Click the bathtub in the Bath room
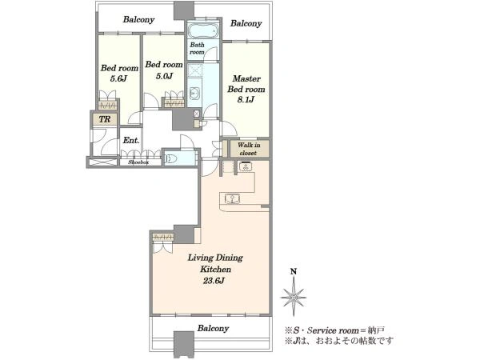tap(202, 30)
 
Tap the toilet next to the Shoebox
tap(171, 158)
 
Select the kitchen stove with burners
tap(246, 166)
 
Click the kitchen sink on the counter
tap(232, 198)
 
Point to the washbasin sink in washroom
tap(194, 93)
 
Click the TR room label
tap(105, 118)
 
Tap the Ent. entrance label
tap(131, 140)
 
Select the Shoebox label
tap(138, 162)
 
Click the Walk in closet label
tap(249, 149)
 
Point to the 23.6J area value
tap(214, 281)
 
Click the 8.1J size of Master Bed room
tap(246, 99)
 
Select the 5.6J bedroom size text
tap(118, 78)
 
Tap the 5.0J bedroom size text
tap(164, 76)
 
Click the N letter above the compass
tap(294, 271)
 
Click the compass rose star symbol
tap(294, 296)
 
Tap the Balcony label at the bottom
tap(213, 329)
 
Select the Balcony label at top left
tap(138, 19)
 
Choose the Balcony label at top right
tap(246, 23)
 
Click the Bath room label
tap(197, 48)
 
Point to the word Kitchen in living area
tap(215, 270)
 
